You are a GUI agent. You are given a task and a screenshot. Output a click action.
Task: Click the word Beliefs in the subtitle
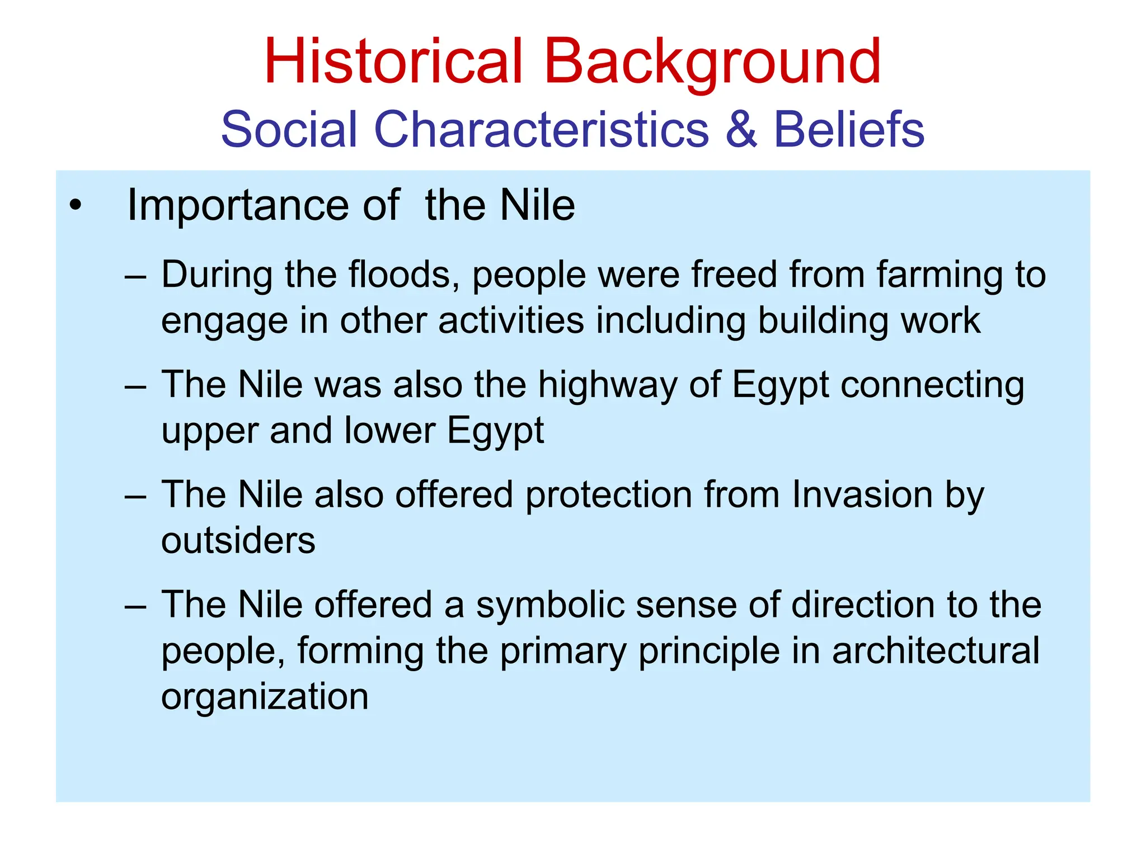tap(848, 129)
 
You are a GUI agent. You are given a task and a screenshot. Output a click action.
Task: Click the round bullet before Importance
tap(76, 206)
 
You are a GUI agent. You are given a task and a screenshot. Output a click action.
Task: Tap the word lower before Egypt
tap(389, 430)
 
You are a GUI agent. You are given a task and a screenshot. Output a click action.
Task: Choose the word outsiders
tap(238, 540)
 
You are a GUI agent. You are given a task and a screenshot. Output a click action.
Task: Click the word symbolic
tap(549, 605)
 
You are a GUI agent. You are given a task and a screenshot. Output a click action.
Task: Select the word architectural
tap(935, 650)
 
